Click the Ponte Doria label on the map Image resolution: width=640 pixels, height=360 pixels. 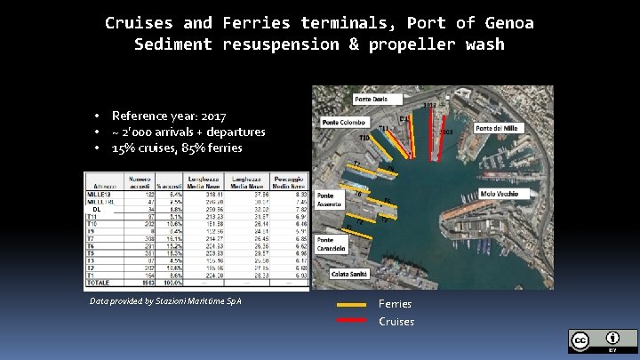tap(374, 98)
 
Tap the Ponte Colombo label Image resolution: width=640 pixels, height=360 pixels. tap(344, 122)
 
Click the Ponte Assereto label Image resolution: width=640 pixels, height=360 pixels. tap(331, 199)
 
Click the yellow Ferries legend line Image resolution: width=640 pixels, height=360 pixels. tap(351, 304)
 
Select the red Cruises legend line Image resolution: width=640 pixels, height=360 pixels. tap(351, 321)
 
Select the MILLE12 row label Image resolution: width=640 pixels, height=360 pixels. tap(100, 195)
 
